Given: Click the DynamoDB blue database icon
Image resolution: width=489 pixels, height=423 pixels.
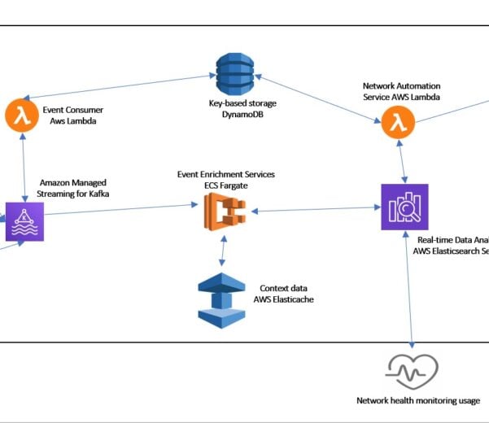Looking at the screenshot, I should click(233, 75).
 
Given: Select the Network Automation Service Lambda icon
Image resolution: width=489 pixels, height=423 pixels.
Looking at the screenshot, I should click(397, 123).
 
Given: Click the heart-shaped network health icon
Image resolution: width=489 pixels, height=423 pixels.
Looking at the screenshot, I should click(412, 372).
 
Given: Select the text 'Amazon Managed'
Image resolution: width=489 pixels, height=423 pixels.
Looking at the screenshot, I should click(72, 184).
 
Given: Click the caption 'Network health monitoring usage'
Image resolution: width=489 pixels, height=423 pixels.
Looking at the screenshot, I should click(417, 400).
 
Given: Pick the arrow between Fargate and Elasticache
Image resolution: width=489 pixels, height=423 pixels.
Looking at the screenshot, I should click(222, 253).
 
